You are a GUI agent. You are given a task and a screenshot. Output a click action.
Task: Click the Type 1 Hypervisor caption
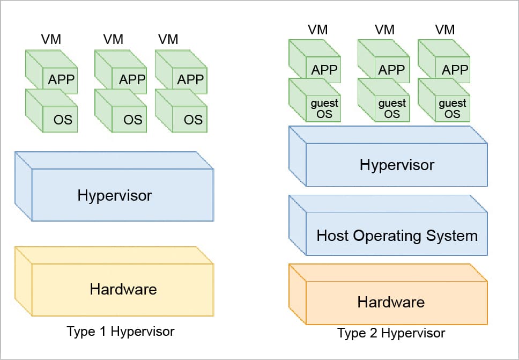coord(121,331)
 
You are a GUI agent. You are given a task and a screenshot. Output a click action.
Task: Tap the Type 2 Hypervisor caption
coord(391,333)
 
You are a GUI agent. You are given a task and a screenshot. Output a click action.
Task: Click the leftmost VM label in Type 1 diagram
coord(51,39)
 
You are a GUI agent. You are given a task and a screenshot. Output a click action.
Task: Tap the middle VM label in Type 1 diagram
coord(113,39)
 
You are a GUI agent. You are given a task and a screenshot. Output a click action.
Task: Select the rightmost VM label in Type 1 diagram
coord(168,39)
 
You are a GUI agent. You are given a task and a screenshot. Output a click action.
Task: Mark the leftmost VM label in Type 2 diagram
coord(318,30)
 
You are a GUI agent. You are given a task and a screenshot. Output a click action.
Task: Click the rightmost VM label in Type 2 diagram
coord(445,30)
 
